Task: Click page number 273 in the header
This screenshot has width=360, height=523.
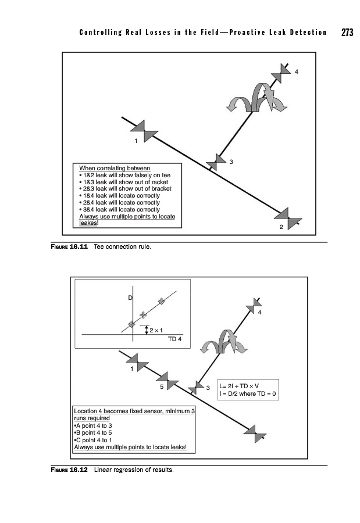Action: [x=347, y=33]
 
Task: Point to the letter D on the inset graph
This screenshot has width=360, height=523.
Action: [x=130, y=298]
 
